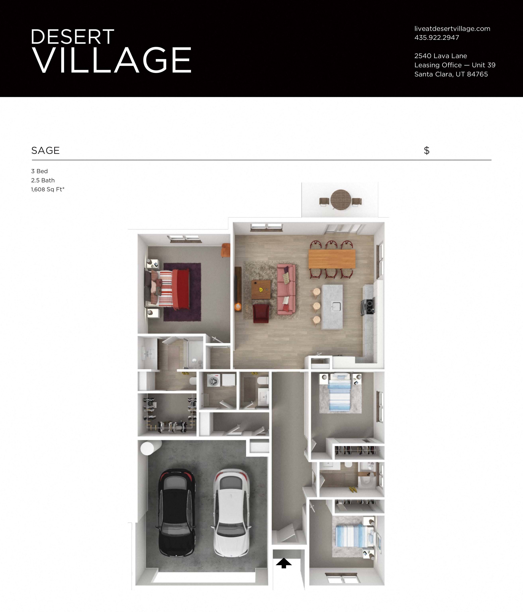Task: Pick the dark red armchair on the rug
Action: click(261, 314)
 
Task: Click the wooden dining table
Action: click(332, 259)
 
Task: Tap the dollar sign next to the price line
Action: click(426, 151)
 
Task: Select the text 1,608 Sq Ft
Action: click(48, 189)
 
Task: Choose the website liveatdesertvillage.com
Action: click(452, 29)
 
